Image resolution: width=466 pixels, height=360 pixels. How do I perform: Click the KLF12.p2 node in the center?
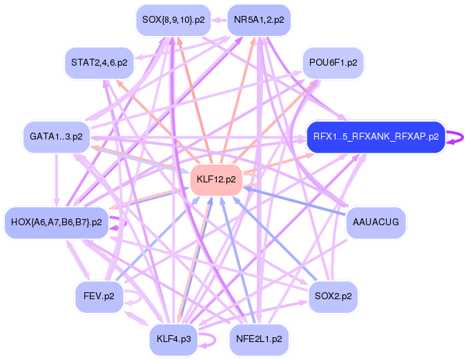coord(216,180)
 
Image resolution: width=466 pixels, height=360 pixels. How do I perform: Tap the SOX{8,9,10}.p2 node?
coord(173,20)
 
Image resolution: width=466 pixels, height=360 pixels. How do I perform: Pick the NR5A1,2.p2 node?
coord(259,20)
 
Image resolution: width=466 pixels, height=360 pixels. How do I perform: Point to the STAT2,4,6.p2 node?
coord(99,62)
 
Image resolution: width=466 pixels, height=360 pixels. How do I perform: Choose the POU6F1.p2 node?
coord(333,63)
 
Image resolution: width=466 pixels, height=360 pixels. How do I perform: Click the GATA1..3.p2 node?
coord(57,136)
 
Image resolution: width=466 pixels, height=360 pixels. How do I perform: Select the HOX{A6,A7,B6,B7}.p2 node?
coord(57,222)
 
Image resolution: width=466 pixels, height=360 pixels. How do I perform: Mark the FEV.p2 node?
coord(99,296)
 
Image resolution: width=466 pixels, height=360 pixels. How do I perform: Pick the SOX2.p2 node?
coord(333,296)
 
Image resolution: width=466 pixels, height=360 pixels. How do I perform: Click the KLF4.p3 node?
coord(173,339)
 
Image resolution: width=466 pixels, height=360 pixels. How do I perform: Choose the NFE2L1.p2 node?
coord(259,339)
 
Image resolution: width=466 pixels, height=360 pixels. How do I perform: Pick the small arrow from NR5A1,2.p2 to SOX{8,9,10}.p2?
coord(220,20)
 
